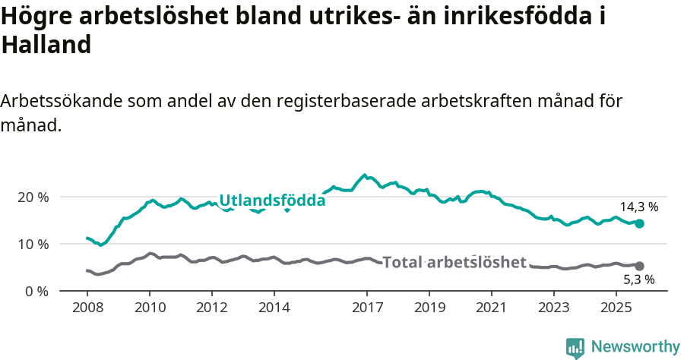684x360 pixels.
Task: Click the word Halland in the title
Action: [x=46, y=46]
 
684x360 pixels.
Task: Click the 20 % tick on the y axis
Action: [x=33, y=197]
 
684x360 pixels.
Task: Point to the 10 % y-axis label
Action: [x=33, y=244]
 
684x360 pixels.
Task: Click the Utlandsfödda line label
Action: [x=272, y=201]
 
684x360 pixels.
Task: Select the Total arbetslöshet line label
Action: [x=454, y=263]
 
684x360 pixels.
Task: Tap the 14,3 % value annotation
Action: [x=638, y=207]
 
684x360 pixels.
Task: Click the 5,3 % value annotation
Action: [x=638, y=280]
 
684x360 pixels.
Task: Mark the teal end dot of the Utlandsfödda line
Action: [x=640, y=223]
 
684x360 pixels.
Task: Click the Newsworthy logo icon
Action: [x=575, y=348]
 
